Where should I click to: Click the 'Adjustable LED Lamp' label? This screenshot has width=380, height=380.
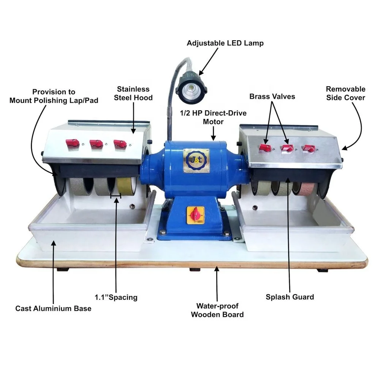click(225, 43)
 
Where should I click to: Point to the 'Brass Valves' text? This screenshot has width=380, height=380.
click(272, 97)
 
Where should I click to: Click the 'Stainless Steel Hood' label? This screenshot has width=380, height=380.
click(135, 93)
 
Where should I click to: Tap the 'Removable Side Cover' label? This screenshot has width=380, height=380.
click(345, 93)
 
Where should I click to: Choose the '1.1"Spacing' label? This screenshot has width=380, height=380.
click(116, 297)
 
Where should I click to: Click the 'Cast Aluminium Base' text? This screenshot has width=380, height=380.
click(53, 308)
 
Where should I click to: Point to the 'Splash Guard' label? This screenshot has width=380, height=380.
click(290, 297)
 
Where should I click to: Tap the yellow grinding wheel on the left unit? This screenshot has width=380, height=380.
click(125, 187)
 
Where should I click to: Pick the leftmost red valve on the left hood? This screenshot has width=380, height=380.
click(72, 143)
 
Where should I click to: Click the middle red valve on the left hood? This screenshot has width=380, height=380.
click(96, 144)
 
